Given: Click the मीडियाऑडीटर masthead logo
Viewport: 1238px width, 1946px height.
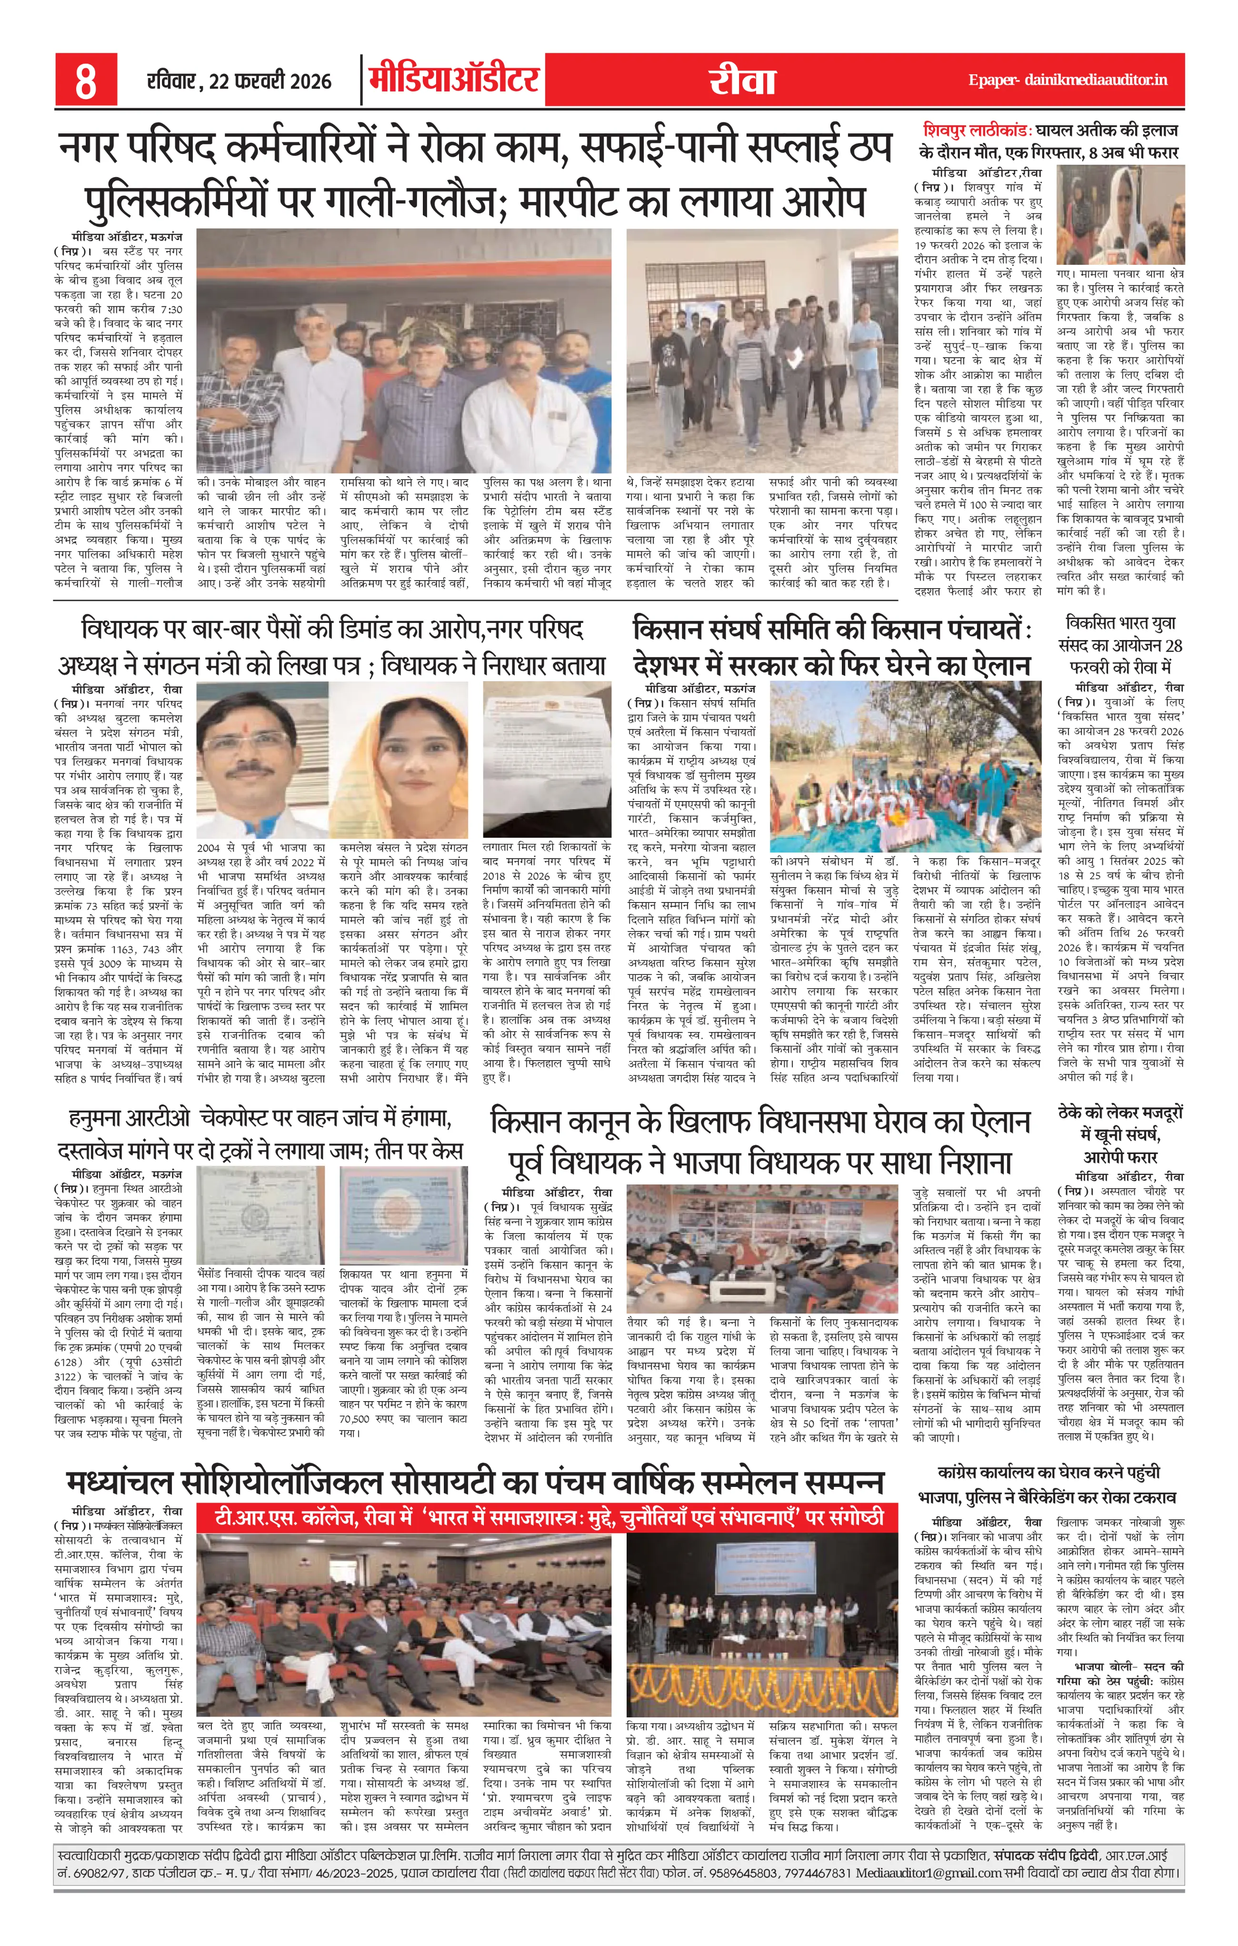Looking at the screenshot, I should point(454,81).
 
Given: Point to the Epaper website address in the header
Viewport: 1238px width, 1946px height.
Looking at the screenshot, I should point(1068,81).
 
